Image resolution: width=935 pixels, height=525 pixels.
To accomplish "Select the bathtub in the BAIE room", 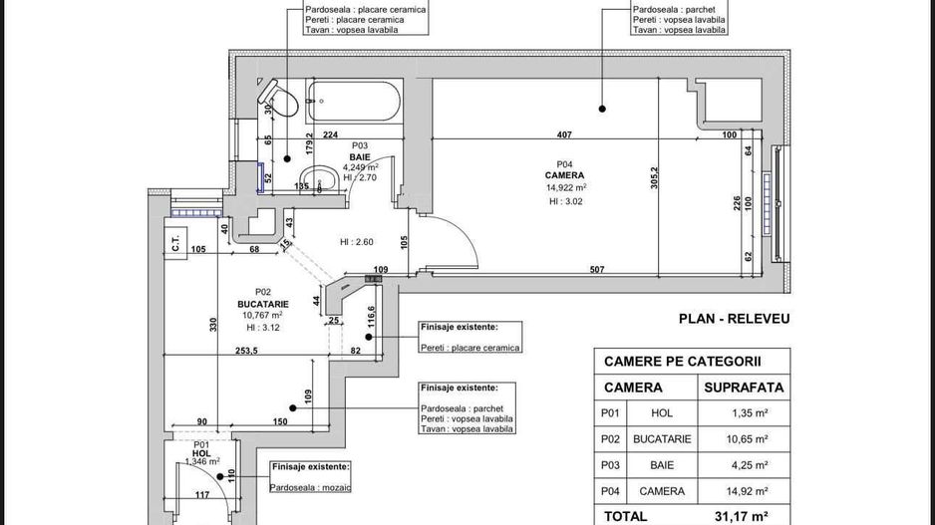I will click(x=354, y=99).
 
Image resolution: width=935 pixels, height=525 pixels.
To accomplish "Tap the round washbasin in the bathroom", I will click(x=320, y=181).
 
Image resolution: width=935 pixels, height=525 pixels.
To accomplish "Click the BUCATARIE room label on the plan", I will click(x=262, y=304).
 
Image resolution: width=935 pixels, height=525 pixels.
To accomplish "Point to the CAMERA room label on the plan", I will click(x=564, y=175).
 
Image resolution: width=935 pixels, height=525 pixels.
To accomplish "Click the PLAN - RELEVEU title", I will click(x=734, y=319).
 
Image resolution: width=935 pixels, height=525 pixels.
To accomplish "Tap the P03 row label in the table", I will click(x=610, y=464).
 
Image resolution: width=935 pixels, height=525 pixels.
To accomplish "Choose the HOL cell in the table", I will click(x=661, y=412).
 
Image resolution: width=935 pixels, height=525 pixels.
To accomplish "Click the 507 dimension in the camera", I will click(x=596, y=269).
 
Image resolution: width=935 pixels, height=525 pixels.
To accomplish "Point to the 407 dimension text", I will click(x=563, y=135).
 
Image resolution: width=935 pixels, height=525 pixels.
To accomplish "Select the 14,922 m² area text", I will click(x=565, y=187).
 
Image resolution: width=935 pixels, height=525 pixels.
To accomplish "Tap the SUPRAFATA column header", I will click(x=744, y=387).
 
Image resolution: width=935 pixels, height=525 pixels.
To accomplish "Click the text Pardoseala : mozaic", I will click(x=309, y=487).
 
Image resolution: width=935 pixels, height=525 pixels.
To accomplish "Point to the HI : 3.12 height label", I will click(x=262, y=327).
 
